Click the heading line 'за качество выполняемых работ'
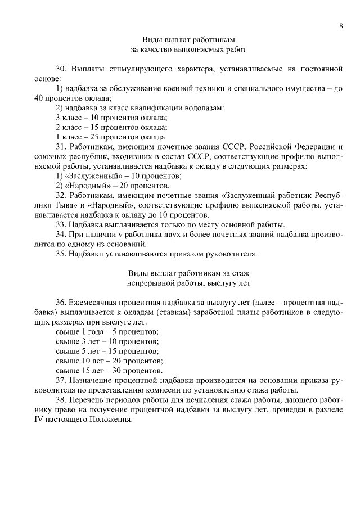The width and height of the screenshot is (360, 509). tap(180, 49)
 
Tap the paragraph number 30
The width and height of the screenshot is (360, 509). tap(61, 70)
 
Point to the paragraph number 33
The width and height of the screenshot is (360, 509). tap(61, 224)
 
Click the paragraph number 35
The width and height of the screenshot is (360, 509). tap(61, 254)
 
